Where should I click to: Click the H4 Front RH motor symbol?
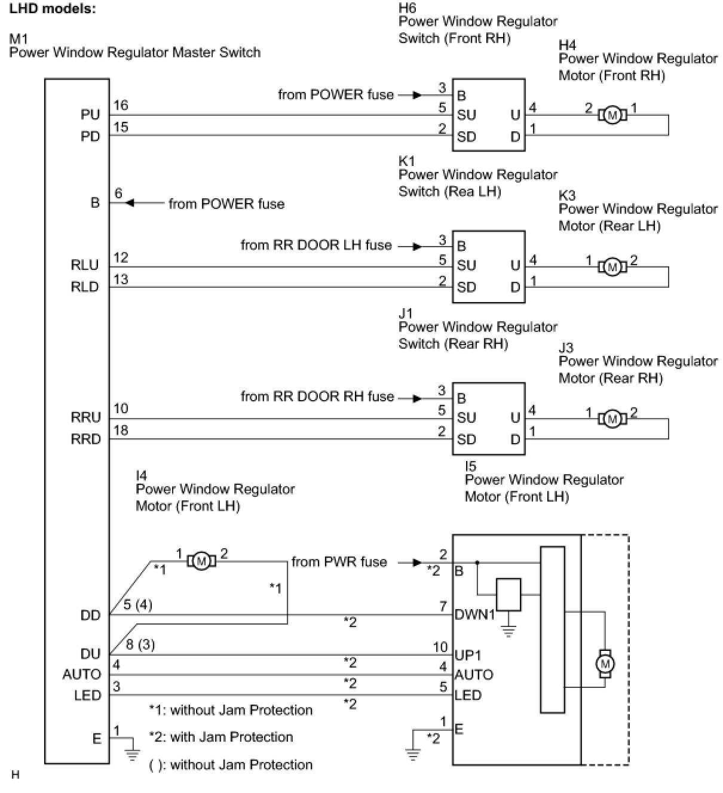click(x=612, y=115)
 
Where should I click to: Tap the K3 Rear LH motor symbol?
click(x=612, y=268)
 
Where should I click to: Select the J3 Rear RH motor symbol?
click(x=612, y=419)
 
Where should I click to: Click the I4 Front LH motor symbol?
click(x=201, y=561)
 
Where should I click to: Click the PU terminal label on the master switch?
click(x=90, y=115)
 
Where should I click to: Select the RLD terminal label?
click(x=85, y=287)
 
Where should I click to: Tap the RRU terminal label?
click(x=85, y=417)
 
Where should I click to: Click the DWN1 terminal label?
click(x=474, y=614)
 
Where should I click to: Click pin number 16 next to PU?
click(x=121, y=105)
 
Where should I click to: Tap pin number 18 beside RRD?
click(x=121, y=430)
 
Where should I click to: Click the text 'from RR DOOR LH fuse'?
click(x=316, y=245)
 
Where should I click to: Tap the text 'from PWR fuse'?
click(x=339, y=562)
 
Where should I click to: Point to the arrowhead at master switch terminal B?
click(x=130, y=203)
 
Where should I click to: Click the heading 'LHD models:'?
click(x=53, y=9)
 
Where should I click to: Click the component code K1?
click(x=406, y=161)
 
